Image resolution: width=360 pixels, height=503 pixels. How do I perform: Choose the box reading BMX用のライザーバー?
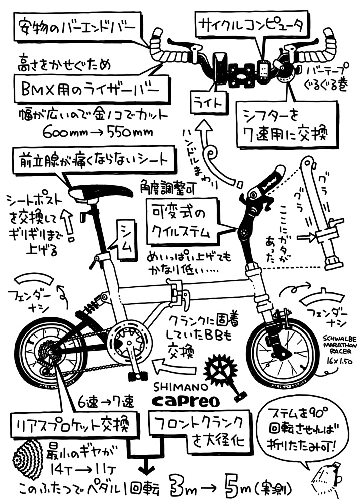click(x=85, y=90)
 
